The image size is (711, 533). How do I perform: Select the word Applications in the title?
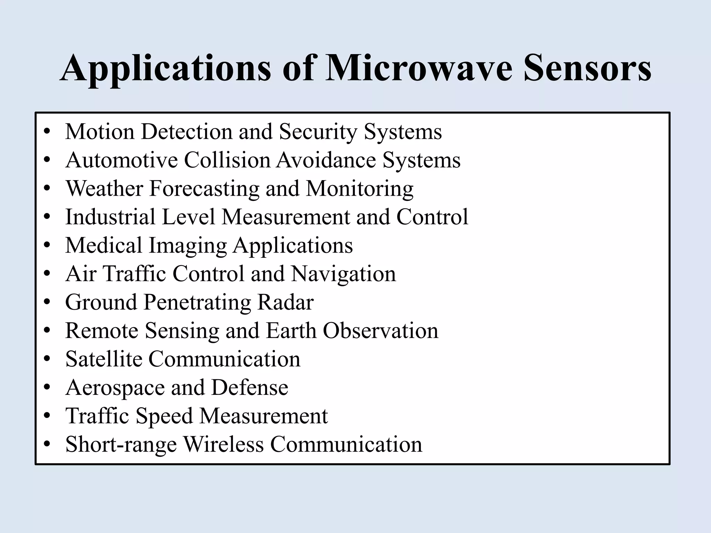point(165,69)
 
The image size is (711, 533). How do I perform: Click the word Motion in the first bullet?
point(100,132)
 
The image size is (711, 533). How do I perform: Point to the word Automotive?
point(122,160)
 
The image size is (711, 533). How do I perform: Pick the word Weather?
point(104,189)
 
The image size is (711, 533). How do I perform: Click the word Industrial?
point(110,217)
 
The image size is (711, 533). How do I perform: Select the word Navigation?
point(343,274)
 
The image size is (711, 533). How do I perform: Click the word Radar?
point(285,302)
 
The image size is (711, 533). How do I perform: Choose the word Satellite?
point(104,359)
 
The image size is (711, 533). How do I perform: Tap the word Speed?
point(164,416)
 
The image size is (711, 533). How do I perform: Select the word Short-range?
point(121,445)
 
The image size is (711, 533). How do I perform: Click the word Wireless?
point(223,445)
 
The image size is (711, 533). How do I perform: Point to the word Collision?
point(227,160)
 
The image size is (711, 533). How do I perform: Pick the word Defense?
point(250,388)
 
